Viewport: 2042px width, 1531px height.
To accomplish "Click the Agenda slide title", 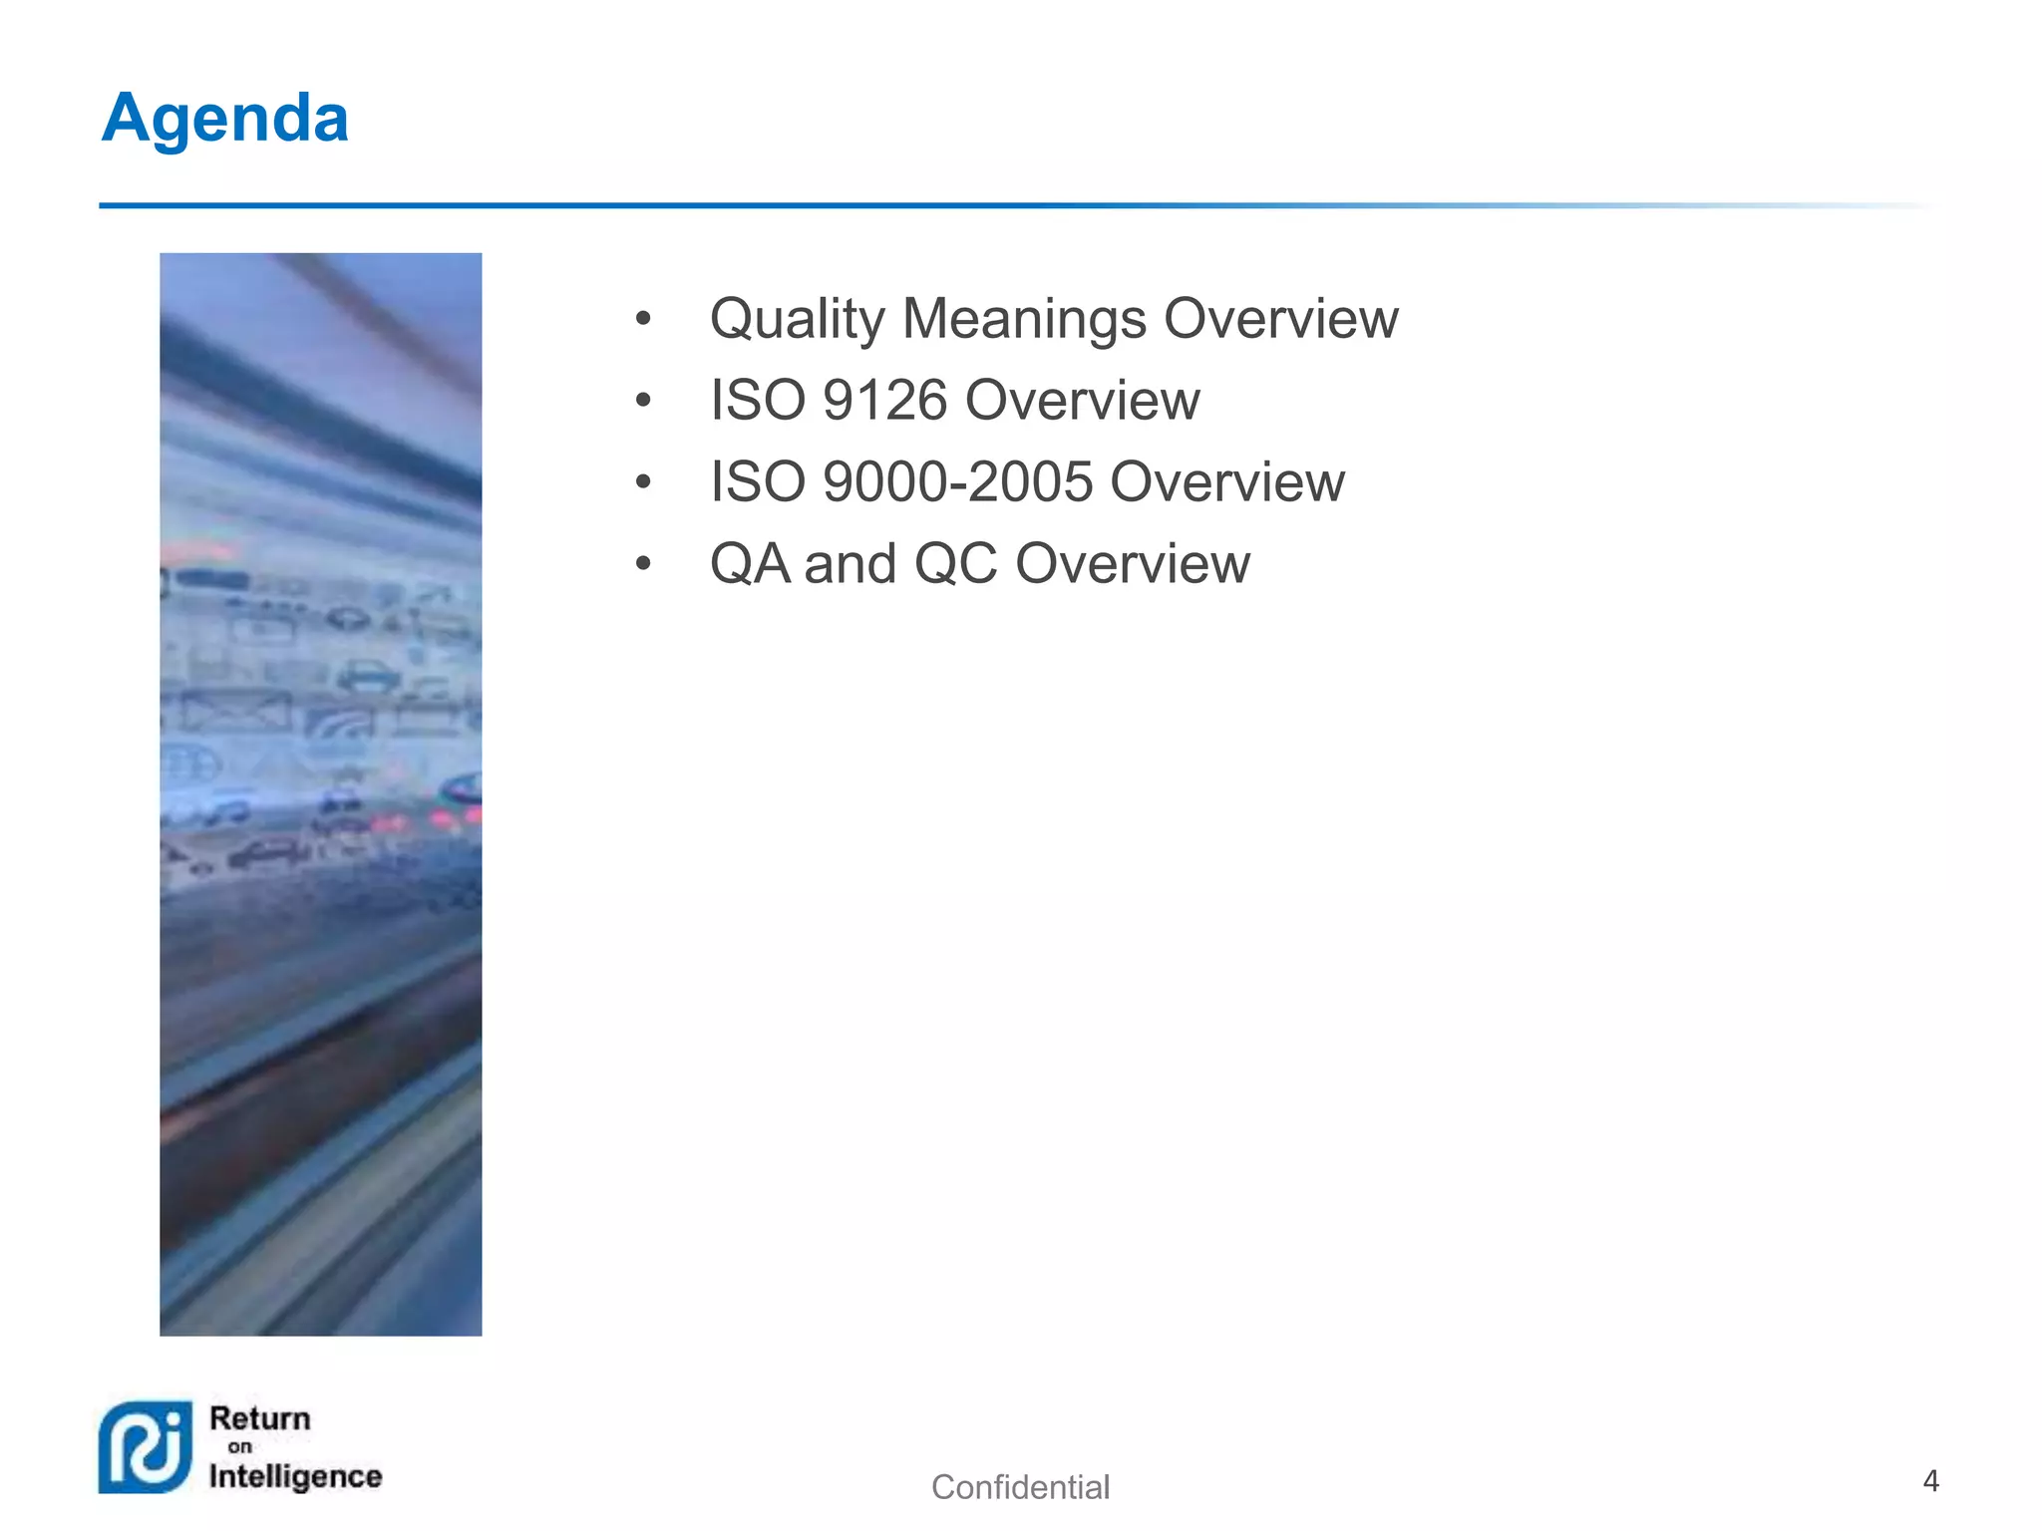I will point(225,119).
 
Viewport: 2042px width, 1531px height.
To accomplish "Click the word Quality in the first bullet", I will point(797,320).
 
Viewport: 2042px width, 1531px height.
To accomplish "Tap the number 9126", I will point(884,401).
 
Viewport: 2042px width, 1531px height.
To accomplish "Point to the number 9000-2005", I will point(957,482).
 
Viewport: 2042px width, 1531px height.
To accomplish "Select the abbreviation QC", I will point(955,564).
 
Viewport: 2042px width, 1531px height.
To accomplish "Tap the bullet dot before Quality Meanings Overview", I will point(643,319).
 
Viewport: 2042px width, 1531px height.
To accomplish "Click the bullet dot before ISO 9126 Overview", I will point(643,401).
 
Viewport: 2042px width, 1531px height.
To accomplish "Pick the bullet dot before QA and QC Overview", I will point(643,564).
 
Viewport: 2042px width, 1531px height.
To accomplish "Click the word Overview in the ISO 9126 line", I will point(1082,401).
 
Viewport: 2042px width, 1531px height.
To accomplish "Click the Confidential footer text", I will point(1020,1487).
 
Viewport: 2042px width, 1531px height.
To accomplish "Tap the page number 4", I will point(1930,1481).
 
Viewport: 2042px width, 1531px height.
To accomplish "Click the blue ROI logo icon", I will point(146,1447).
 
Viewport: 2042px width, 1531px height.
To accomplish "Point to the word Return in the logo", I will point(260,1418).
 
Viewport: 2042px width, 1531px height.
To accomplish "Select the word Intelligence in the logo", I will point(295,1476).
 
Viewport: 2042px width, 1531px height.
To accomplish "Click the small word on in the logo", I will point(239,1447).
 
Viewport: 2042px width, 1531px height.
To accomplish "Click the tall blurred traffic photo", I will point(321,793).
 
